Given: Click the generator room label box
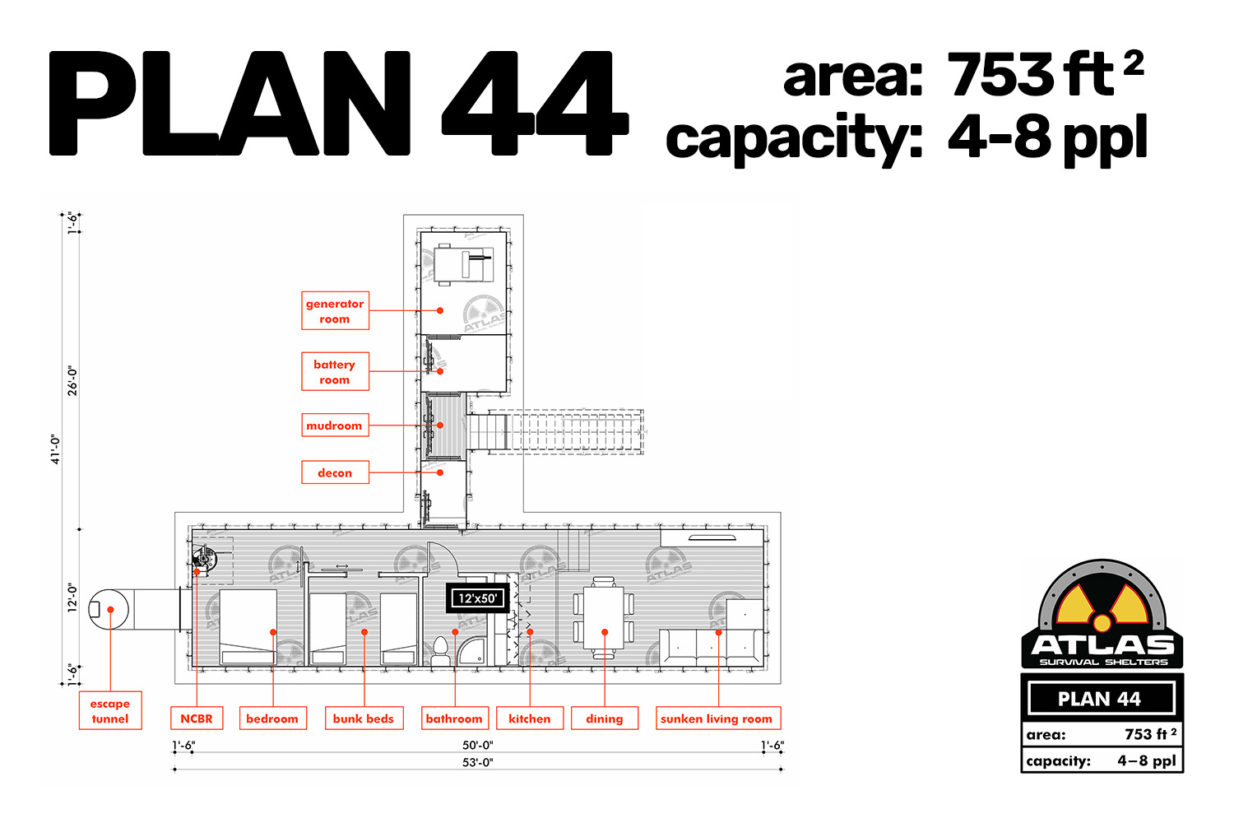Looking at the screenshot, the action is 335,311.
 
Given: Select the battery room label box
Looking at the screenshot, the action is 335,371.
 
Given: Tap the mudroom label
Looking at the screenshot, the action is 335,425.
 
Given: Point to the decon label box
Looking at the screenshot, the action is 335,472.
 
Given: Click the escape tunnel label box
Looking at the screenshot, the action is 110,710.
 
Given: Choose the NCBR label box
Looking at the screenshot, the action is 197,718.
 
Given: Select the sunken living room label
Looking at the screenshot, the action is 718,718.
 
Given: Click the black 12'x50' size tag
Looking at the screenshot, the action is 478,598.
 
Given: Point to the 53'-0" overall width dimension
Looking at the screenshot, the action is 478,762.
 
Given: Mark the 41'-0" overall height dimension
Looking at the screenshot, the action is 56,449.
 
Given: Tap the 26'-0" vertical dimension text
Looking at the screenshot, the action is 72,381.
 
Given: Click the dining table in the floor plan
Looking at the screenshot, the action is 604,618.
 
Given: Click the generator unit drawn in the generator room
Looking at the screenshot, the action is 463,264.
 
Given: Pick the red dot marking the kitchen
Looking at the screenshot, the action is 530,632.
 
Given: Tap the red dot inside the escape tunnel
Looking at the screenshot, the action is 111,610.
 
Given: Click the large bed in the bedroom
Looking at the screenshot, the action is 248,627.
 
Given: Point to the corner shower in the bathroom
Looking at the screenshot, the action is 471,650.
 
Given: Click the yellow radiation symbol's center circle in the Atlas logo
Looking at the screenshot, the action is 1102,624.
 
